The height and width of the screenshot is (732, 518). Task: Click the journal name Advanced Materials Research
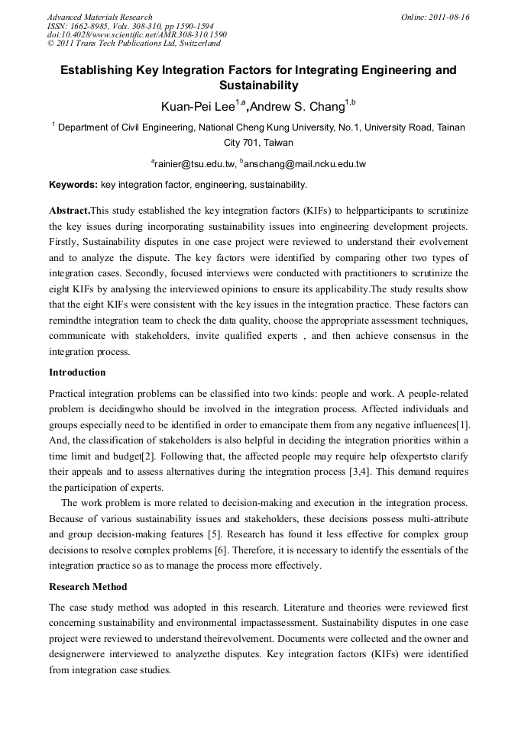pyautogui.click(x=99, y=17)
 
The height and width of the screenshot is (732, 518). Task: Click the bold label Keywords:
pyautogui.click(x=73, y=185)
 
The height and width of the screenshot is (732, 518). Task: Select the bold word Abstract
pyautogui.click(x=69, y=210)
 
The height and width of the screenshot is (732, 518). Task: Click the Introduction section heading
pyautogui.click(x=77, y=372)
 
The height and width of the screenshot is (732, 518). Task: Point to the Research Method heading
pyautogui.click(x=88, y=587)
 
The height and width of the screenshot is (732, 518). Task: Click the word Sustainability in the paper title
pyautogui.click(x=258, y=85)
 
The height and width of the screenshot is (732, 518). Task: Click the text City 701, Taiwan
pyautogui.click(x=258, y=143)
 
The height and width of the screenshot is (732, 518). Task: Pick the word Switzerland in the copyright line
pyautogui.click(x=198, y=44)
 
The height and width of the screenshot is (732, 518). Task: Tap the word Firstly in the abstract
pyautogui.click(x=66, y=241)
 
